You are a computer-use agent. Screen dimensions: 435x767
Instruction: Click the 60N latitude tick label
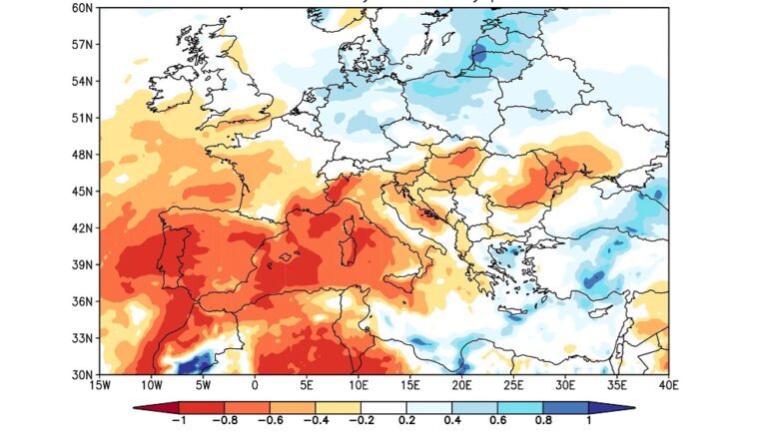83,8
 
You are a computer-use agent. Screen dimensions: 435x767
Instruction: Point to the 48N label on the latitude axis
83,155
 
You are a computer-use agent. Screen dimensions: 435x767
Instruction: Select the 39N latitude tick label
83,264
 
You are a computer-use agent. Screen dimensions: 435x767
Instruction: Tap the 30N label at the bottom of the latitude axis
83,374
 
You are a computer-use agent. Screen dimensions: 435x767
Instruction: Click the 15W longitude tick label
100,385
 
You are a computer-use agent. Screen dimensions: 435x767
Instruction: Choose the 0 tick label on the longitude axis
255,385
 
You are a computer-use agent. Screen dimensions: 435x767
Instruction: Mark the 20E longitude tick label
461,385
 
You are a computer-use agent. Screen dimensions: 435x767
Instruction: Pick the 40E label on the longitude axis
668,385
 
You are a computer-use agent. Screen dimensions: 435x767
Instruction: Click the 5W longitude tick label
203,385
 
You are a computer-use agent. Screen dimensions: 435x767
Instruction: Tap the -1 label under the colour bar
177,420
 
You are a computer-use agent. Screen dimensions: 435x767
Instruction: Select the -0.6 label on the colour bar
269,420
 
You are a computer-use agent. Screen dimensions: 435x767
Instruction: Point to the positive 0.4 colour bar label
452,420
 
